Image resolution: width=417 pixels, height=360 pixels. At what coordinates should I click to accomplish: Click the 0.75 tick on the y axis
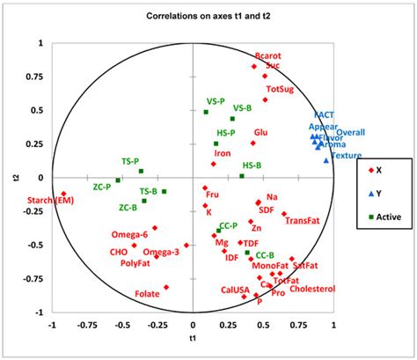pos(35,76)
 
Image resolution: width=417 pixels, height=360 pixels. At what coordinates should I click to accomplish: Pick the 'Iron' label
pos(223,153)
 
